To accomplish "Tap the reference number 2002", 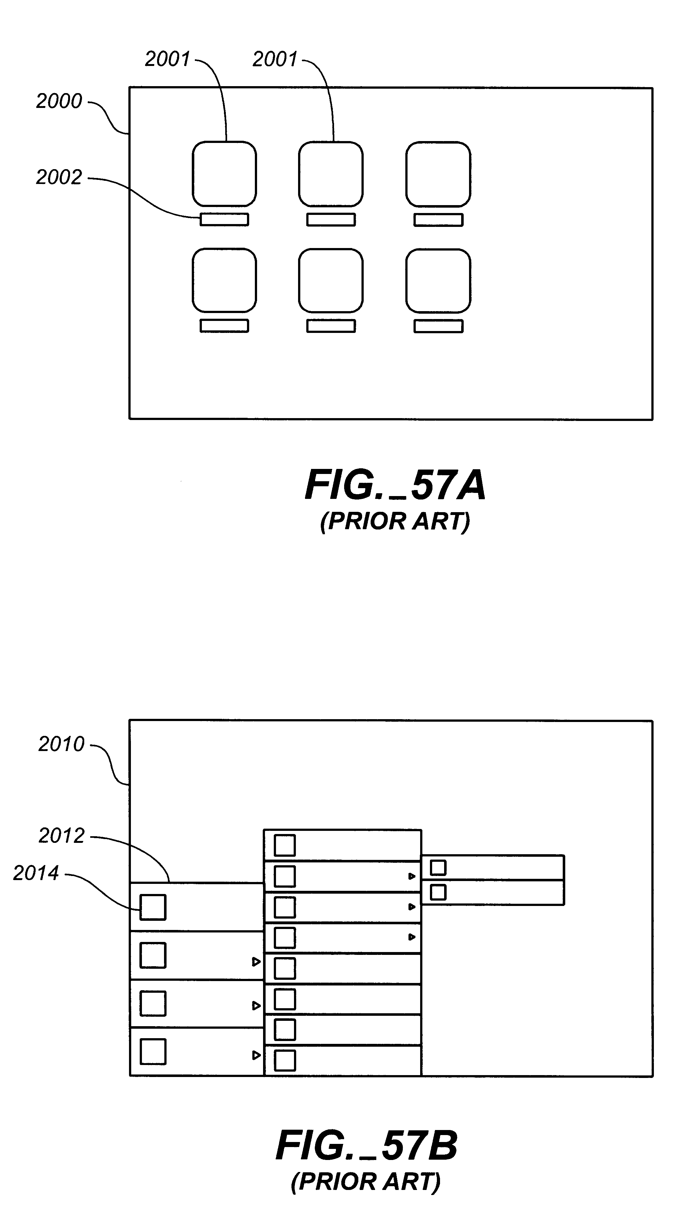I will [x=59, y=177].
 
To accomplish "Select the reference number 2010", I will [x=61, y=744].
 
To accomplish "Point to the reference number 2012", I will [x=61, y=836].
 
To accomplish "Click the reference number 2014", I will [x=36, y=873].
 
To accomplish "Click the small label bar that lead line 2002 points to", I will [x=224, y=220].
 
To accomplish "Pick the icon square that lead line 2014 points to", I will [x=153, y=907].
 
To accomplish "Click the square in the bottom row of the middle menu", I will [x=285, y=1061].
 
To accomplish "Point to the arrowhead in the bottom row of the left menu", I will [x=256, y=1055].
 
